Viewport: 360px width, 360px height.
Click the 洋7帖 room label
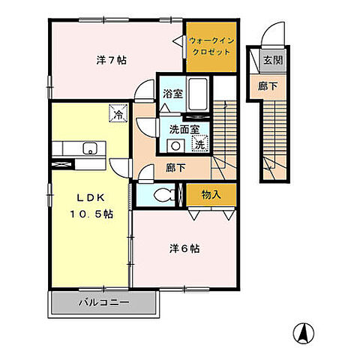click(x=112, y=60)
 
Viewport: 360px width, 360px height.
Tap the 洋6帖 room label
click(x=184, y=249)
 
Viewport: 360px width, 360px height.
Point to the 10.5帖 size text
click(x=91, y=214)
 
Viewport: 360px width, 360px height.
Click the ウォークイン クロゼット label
click(x=211, y=46)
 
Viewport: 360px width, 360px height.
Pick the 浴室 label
click(x=172, y=94)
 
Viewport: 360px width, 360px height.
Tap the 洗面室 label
click(x=184, y=129)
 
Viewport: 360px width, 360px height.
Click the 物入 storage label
click(x=211, y=194)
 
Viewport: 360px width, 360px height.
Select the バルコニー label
click(x=104, y=303)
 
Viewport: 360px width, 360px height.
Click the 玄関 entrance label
click(x=273, y=60)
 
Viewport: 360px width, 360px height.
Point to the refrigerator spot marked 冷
click(x=118, y=113)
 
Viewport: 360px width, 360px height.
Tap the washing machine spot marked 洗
click(x=199, y=143)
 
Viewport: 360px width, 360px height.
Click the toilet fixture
click(x=165, y=195)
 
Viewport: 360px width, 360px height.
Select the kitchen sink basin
click(x=90, y=148)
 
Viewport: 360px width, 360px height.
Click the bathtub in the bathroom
click(x=198, y=94)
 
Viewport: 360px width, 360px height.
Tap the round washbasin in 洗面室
click(x=175, y=145)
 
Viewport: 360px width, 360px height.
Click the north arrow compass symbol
click(x=304, y=333)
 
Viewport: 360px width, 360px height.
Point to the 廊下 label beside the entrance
click(x=268, y=86)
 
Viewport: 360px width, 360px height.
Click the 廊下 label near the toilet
click(x=175, y=168)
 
